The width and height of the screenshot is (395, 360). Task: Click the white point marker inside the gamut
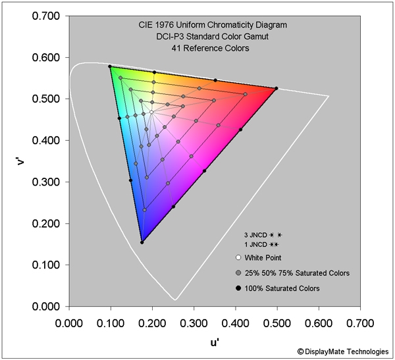point(151,112)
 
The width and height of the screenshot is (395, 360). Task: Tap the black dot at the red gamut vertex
point(276,88)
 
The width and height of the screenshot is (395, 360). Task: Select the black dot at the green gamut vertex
point(110,66)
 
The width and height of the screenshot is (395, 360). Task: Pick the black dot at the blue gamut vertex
point(142,242)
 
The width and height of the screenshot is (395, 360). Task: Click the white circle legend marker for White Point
point(238,257)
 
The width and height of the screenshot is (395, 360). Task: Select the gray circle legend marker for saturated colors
point(238,272)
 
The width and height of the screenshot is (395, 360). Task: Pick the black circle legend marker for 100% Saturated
point(238,288)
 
